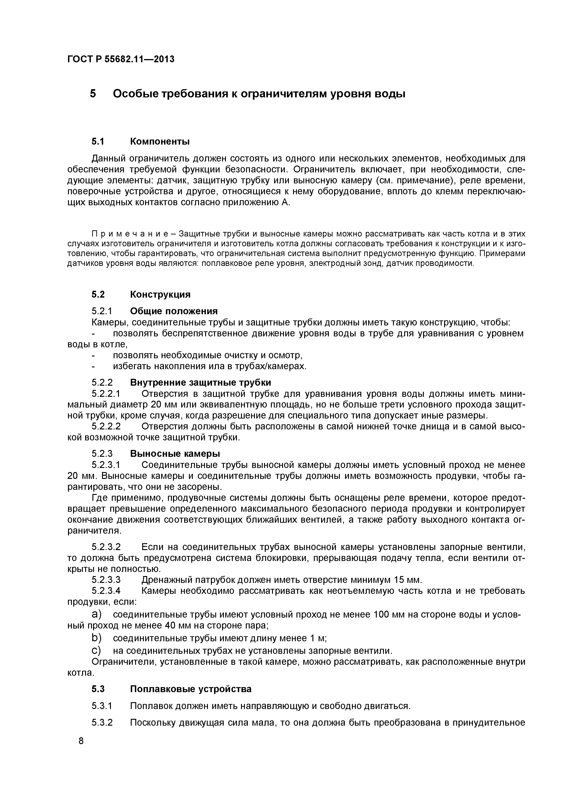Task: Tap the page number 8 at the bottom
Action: [81, 750]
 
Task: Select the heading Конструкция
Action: [160, 294]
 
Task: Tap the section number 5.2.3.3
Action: [106, 580]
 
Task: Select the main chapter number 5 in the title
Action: [93, 94]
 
